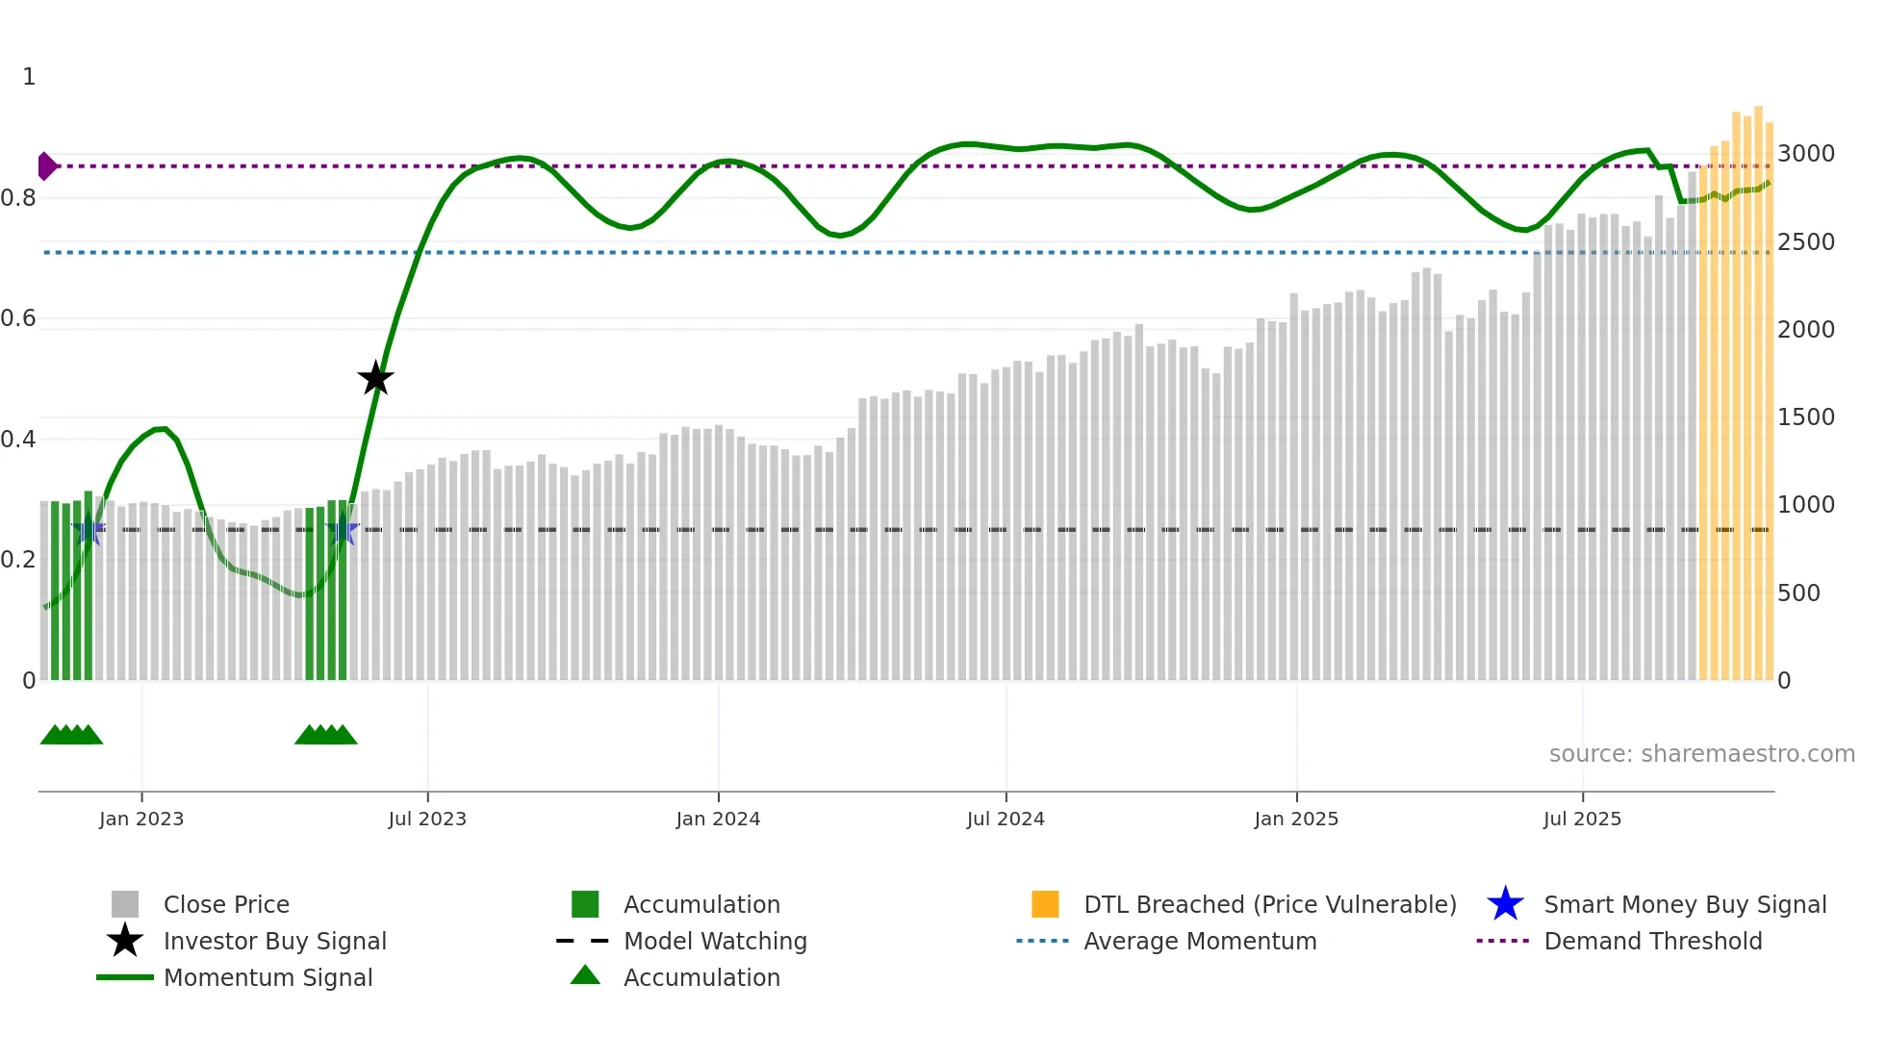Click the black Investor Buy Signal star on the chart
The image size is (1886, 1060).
(375, 379)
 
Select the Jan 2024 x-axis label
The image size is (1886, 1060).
(718, 819)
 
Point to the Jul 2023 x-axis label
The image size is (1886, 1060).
(427, 819)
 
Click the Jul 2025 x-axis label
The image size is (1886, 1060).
(1582, 819)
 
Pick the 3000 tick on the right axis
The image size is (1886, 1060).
(1805, 154)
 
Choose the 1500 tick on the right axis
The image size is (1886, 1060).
(1805, 417)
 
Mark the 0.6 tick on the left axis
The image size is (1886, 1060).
(18, 318)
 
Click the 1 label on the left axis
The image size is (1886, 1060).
(29, 77)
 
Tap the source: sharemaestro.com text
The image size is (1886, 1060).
(1701, 754)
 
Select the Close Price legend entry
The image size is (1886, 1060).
(226, 904)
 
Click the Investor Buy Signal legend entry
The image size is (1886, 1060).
(274, 941)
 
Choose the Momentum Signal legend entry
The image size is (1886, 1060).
(268, 977)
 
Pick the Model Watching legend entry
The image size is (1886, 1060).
(715, 941)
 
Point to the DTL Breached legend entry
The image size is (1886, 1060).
(1269, 904)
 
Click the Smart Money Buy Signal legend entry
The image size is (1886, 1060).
(1684, 904)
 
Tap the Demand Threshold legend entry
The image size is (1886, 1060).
(1652, 941)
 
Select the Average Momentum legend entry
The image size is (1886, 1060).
(1200, 941)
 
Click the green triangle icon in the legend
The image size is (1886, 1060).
(585, 975)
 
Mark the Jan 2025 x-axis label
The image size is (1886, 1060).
(1296, 819)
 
